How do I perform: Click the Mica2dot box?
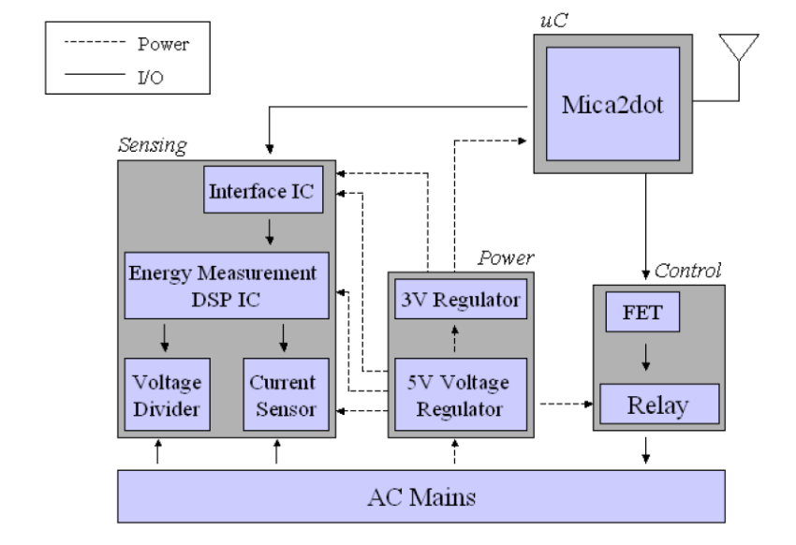(612, 104)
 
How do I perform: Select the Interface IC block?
(263, 189)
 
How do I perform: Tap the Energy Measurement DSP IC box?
(227, 286)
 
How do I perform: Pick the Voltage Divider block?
(167, 394)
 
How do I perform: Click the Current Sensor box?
(286, 394)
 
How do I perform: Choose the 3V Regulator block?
(461, 299)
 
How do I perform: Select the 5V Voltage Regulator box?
(461, 394)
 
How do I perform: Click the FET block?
(642, 312)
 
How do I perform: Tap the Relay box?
(659, 404)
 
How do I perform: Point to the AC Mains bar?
(421, 496)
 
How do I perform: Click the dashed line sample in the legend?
(95, 41)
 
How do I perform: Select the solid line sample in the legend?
(95, 75)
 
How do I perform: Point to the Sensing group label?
(153, 145)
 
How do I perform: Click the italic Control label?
(687, 271)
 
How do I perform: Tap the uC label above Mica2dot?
(553, 21)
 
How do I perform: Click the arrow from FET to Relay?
(645, 357)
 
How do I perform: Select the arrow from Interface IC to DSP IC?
(270, 232)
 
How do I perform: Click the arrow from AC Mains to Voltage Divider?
(158, 451)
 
